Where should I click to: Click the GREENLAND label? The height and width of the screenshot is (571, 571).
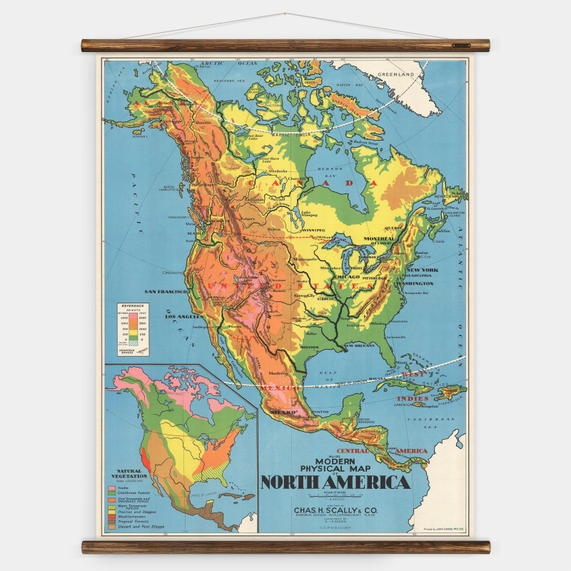(397, 74)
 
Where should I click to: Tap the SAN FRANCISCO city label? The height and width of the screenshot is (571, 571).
(165, 292)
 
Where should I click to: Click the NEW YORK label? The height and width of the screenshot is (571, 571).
(422, 270)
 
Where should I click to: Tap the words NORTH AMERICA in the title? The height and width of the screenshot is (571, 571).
(335, 482)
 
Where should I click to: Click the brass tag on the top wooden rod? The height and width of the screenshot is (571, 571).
(462, 46)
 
